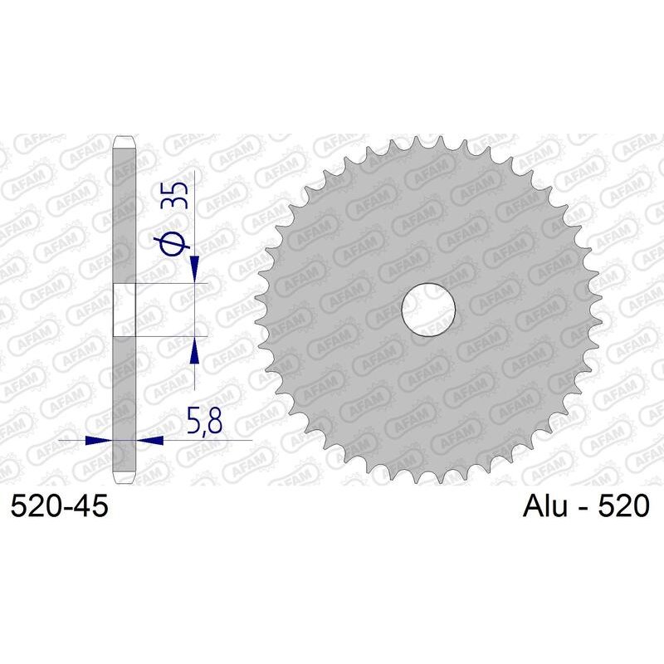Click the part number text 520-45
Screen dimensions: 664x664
59,505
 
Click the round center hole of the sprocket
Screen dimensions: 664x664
429,310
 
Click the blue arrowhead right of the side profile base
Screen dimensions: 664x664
149,440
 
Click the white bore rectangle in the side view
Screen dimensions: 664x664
123,310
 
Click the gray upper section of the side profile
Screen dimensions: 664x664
123,216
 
